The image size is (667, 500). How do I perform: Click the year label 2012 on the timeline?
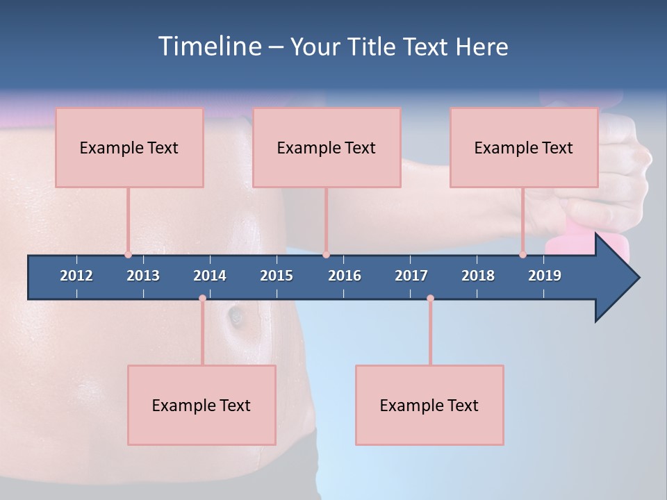pos(76,276)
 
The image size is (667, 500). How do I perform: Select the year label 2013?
pos(143,276)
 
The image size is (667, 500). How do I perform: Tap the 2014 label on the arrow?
pos(210,276)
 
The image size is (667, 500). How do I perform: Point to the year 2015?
pos(277,276)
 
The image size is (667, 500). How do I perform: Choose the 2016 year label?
pos(345,276)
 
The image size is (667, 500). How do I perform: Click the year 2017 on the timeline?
pos(411,276)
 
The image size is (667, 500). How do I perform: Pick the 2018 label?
pos(478,276)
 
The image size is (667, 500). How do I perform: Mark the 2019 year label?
pos(545,276)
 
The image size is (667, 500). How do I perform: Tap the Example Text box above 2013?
pos(129,147)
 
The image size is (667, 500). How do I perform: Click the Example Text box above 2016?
pos(327,147)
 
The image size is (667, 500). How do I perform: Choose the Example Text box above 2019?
pos(524,147)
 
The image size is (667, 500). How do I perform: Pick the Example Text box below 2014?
pos(201,405)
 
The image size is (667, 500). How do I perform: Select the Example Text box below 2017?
pos(429,405)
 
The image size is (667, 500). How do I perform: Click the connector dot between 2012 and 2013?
pos(128,254)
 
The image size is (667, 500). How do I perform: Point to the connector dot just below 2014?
pos(202,298)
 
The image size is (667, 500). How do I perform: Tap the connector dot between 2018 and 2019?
pos(523,254)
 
